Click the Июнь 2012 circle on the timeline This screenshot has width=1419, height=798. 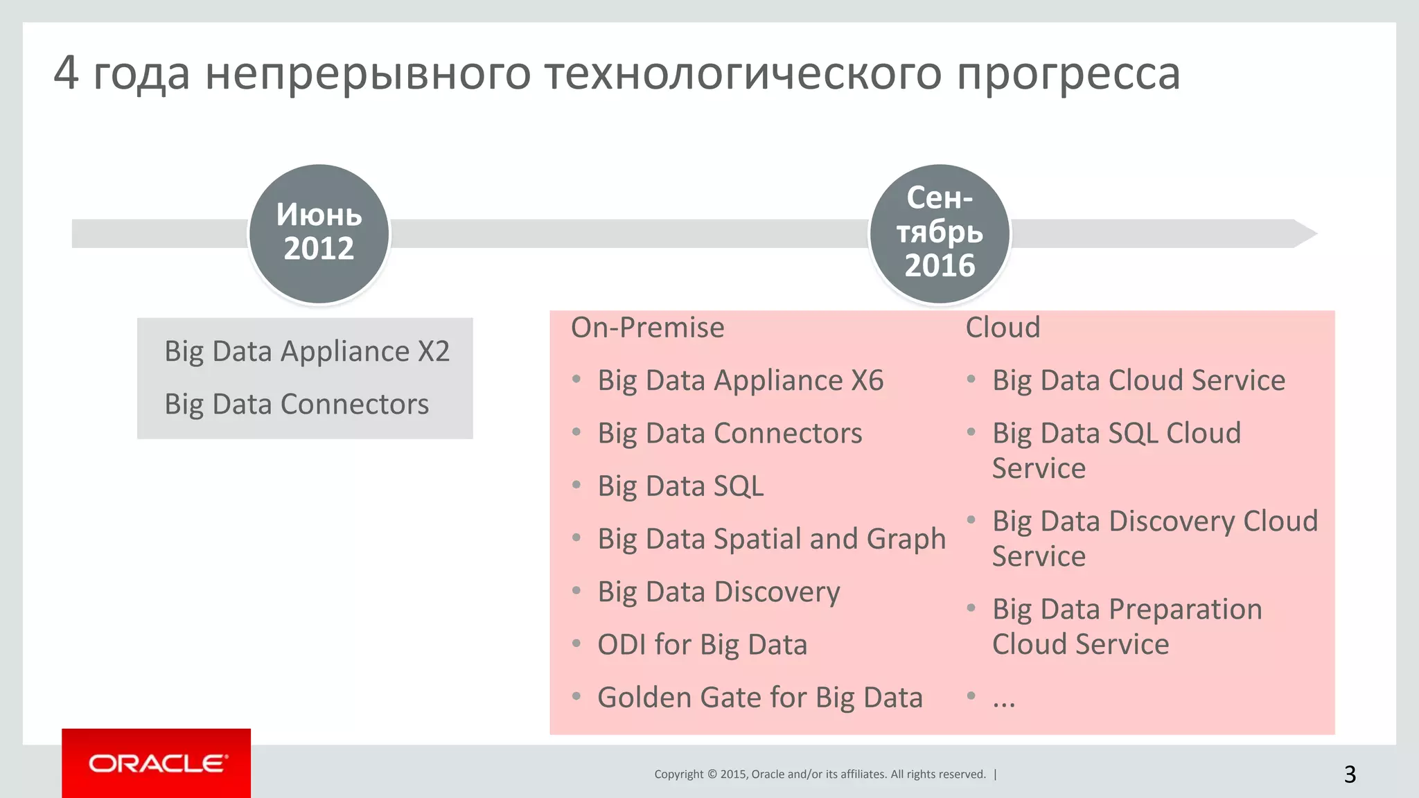point(319,233)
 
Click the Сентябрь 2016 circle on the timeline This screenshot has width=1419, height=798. point(940,233)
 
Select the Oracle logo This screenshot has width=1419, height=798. point(157,763)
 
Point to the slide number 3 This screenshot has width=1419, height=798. point(1350,774)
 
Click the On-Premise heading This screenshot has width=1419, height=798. point(647,328)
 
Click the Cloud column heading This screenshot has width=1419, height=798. point(1003,328)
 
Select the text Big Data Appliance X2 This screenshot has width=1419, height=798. point(307,352)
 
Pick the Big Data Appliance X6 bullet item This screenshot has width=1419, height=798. point(740,381)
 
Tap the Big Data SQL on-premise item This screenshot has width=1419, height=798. point(680,486)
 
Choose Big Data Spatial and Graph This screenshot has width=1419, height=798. point(771,540)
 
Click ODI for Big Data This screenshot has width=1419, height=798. point(702,645)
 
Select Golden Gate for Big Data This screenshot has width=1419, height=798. point(759,698)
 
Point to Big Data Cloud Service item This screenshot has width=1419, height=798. point(1138,381)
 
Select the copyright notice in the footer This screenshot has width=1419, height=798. point(820,774)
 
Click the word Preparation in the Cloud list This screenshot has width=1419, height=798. point(1185,610)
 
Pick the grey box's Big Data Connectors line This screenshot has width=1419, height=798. point(297,405)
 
